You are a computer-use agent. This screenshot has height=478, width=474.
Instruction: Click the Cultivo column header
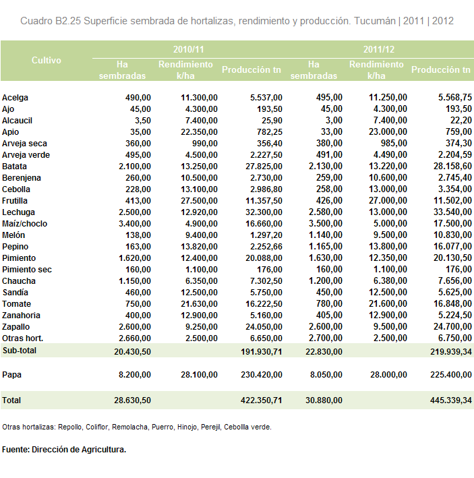pyautogui.click(x=47, y=61)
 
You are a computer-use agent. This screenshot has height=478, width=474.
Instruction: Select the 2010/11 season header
pyautogui.click(x=188, y=49)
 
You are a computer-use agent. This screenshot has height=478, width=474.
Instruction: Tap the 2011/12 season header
pyautogui.click(x=379, y=49)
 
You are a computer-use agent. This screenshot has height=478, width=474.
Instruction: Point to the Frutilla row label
pyautogui.click(x=15, y=201)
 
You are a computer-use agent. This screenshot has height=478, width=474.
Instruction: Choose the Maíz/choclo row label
pyautogui.click(x=25, y=223)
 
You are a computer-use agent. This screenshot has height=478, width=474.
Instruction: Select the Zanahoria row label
pyautogui.click(x=21, y=316)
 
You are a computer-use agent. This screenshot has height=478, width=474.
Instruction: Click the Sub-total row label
pyautogui.click(x=20, y=351)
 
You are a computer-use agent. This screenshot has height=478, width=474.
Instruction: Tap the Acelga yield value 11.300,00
pyautogui.click(x=199, y=98)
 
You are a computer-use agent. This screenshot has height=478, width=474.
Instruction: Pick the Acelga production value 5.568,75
pyautogui.click(x=455, y=97)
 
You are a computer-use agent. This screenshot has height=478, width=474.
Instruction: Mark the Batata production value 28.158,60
pyautogui.click(x=452, y=166)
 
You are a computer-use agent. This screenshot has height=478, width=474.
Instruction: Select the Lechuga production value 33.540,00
pyautogui.click(x=452, y=212)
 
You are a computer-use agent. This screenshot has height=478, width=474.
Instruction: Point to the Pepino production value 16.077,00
pyautogui.click(x=452, y=246)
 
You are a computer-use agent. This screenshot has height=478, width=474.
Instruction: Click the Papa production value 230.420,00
pyautogui.click(x=262, y=374)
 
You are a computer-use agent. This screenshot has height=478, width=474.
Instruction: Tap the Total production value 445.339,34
pyautogui.click(x=451, y=400)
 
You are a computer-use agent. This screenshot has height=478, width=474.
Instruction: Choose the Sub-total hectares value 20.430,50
pyautogui.click(x=132, y=352)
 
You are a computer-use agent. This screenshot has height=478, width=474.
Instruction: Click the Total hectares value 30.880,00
pyautogui.click(x=324, y=400)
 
